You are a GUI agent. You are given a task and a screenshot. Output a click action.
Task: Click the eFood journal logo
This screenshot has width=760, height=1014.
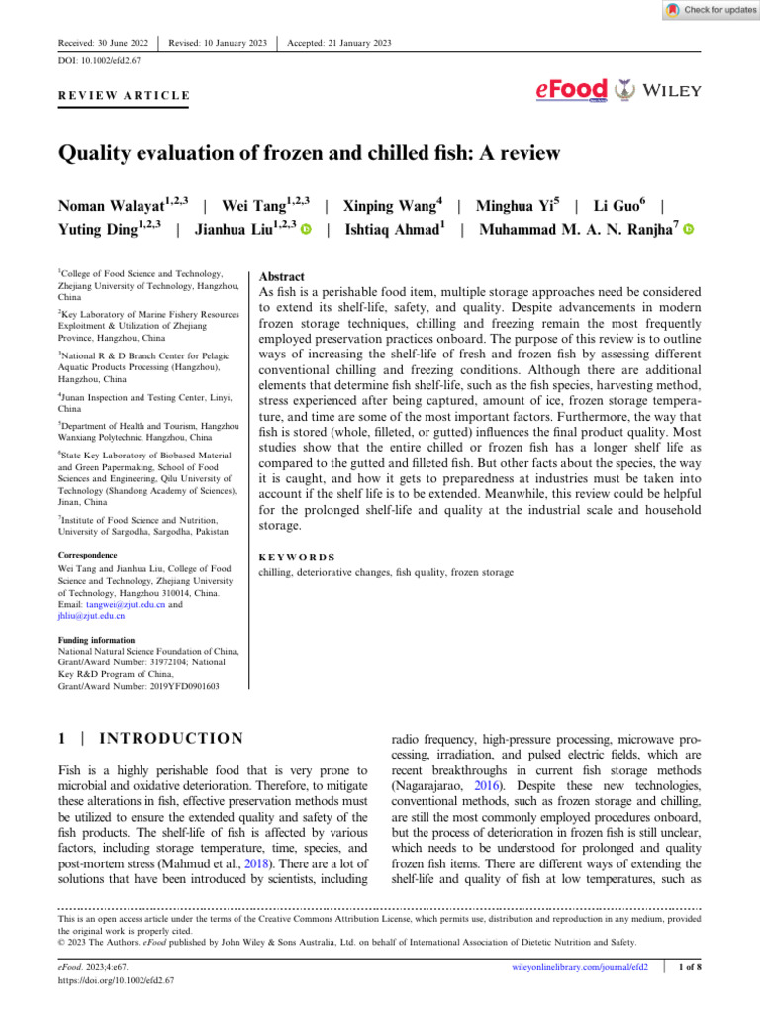tap(571, 90)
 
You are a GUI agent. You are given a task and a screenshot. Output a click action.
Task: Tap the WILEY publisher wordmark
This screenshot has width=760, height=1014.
tap(672, 90)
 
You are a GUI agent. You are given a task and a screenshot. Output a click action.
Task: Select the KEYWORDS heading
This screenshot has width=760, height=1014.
tap(296, 558)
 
